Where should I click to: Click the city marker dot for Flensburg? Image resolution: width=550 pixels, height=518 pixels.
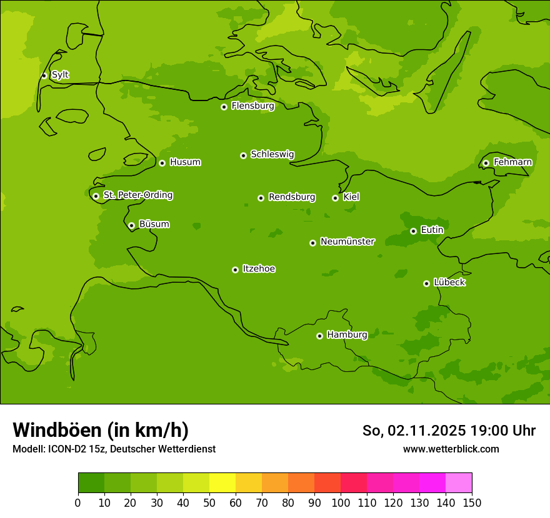tap(224, 107)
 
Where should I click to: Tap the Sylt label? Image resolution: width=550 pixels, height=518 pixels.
tap(60, 75)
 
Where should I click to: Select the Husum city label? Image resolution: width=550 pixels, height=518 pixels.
tap(185, 162)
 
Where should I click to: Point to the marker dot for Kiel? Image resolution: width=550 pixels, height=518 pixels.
tap(335, 198)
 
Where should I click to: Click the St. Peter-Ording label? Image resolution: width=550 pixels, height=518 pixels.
tap(137, 195)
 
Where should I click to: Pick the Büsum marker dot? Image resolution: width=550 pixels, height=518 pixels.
tap(131, 225)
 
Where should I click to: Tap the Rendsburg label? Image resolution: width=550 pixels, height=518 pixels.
tap(292, 197)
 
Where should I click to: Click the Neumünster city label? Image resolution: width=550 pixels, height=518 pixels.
tap(347, 242)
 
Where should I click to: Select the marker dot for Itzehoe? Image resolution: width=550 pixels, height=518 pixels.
tap(235, 270)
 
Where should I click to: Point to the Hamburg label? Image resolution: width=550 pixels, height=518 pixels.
tap(347, 335)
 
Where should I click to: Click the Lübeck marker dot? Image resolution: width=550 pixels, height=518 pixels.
tap(426, 283)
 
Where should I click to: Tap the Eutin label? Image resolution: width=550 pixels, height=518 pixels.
tap(432, 230)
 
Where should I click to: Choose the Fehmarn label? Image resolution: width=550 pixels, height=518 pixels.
tap(512, 162)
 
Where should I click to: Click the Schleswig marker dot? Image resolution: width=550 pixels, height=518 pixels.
tap(243, 155)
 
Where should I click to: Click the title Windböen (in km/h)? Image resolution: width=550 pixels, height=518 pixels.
tap(101, 430)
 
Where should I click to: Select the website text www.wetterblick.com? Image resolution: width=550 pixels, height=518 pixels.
tap(451, 449)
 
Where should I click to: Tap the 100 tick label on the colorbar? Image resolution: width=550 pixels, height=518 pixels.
tap(341, 502)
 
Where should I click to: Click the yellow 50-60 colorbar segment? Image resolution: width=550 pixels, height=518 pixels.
tap(222, 483)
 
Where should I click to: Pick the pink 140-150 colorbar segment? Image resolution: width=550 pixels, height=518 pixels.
tap(459, 483)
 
